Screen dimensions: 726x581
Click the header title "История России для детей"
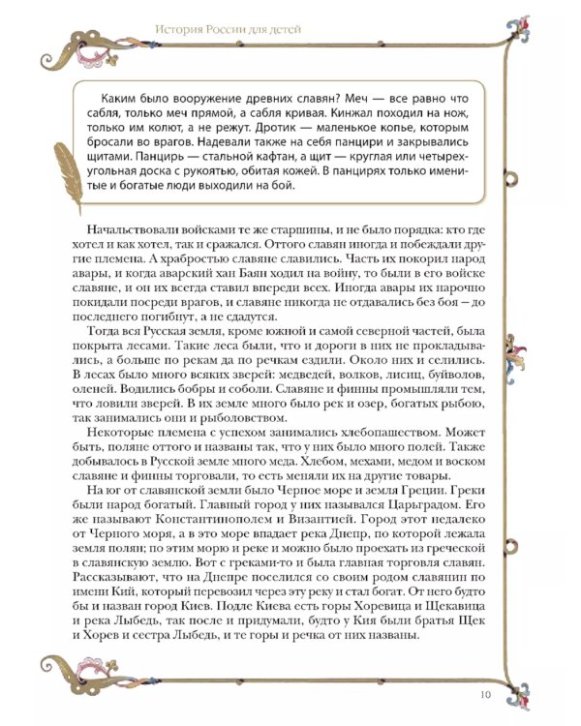click(228, 30)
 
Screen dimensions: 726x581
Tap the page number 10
click(486, 692)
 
